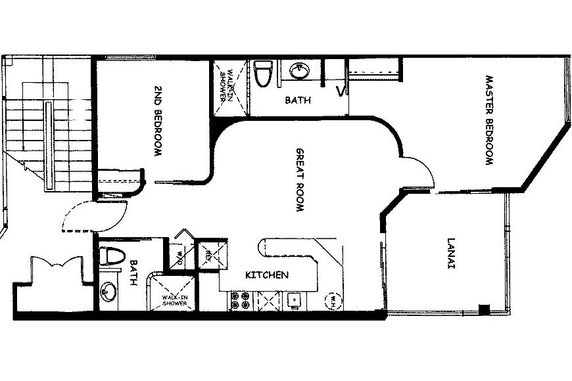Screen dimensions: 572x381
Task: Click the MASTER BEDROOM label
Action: (489, 120)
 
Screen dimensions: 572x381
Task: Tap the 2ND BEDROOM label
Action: (158, 121)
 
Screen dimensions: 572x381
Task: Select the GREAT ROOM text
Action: (300, 179)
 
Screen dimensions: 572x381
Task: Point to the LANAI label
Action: (451, 254)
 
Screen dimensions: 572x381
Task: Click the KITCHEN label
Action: (267, 275)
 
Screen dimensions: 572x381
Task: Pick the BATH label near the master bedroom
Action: (298, 100)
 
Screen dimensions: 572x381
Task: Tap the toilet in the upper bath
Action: (264, 74)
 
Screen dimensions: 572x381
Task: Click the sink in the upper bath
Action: (300, 70)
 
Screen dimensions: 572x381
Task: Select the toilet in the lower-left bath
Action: (111, 256)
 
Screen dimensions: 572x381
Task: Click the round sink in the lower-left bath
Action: (108, 291)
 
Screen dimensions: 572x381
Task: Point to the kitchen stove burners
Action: (241, 300)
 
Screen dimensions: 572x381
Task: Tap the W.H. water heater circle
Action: (333, 301)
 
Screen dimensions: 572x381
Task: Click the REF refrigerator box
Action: (211, 254)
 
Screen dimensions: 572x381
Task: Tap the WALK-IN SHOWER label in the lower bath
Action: (175, 300)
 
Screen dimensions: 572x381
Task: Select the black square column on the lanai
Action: (484, 309)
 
